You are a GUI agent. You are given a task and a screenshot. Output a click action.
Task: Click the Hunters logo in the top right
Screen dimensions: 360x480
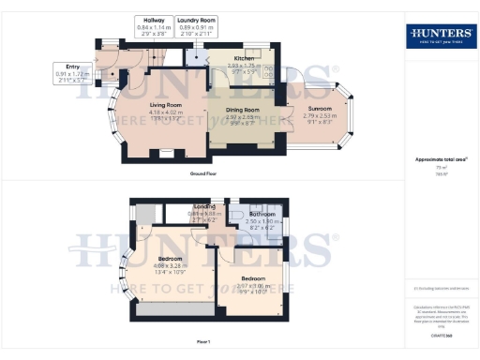point(440,37)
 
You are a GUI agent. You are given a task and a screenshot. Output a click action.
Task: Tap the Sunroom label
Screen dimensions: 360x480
point(319,113)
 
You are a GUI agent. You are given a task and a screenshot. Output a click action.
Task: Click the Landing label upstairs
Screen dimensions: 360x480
point(204,209)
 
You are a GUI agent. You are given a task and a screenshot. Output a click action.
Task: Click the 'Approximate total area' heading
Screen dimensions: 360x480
point(440,159)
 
